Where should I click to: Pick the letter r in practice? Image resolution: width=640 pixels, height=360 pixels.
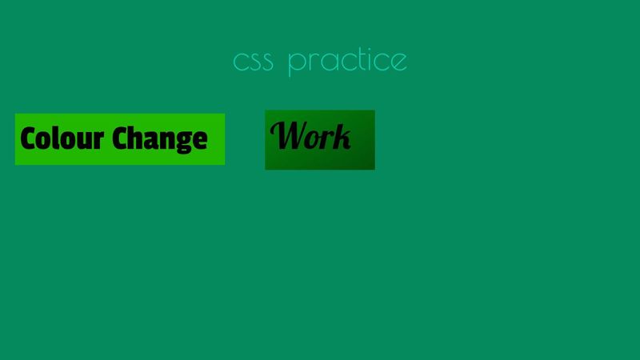point(314,62)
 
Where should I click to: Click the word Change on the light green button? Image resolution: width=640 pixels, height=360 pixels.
point(159,139)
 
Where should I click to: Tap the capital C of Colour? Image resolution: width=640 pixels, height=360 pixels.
point(28,138)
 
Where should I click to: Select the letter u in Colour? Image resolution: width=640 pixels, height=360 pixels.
point(82,140)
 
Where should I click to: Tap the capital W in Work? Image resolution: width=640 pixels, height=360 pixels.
point(286,135)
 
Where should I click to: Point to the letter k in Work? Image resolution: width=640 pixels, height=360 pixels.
point(342,137)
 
